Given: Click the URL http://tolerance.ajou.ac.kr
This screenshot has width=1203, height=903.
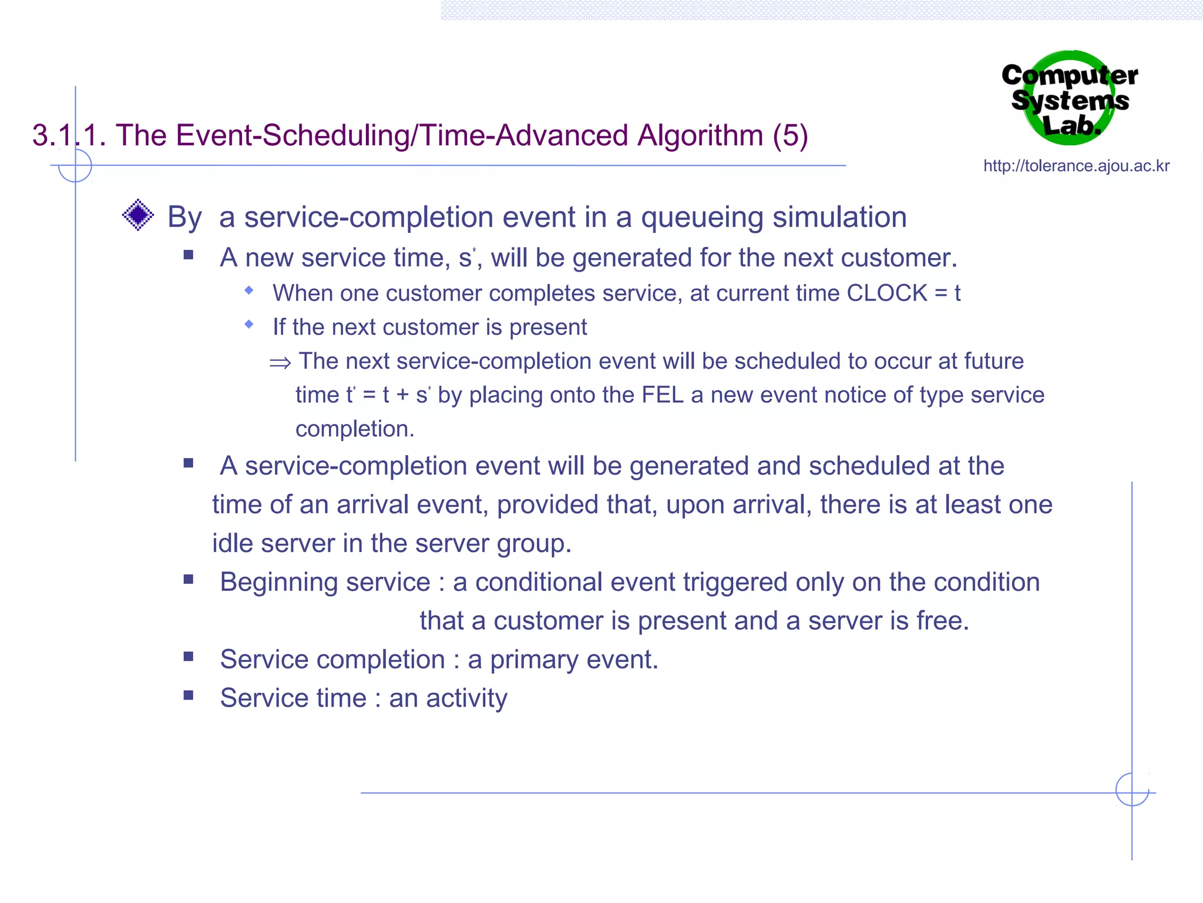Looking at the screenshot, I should pos(1076,166).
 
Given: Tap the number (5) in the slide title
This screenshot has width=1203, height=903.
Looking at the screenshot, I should pos(790,135).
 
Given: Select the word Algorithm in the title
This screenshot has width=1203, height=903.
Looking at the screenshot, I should pos(700,135).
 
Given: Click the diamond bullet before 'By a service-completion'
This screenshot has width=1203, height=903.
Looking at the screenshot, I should pos(138,215).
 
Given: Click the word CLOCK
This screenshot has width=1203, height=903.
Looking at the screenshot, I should pos(887,293).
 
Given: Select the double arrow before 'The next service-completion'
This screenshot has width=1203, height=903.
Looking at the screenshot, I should pos(280,363).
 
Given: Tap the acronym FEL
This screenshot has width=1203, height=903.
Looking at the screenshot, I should pos(663,395).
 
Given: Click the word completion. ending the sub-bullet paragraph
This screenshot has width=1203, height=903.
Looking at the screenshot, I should pos(355,429).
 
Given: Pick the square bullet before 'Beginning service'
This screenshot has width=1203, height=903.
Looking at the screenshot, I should pos(189,580).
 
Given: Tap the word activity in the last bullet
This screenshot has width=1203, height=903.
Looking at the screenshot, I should pos(466,698).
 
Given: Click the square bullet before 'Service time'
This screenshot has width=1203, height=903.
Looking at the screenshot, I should pos(189,696).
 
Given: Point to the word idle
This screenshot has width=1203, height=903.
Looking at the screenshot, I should pos(233,543).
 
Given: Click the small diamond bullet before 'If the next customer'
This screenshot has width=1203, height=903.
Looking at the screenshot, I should pos(249,325).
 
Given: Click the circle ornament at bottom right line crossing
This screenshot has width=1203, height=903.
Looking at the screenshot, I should pos(1132,790).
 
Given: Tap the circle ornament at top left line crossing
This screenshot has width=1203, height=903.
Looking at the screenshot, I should pos(75,165).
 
